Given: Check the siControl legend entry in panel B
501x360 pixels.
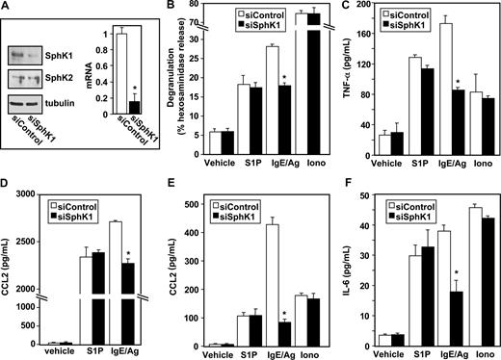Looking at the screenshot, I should click(268, 15).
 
